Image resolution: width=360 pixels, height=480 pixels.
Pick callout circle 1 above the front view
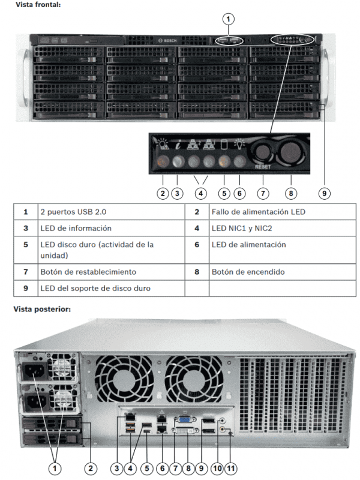click(x=228, y=18)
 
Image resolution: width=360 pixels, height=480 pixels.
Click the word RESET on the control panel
click(x=263, y=166)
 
